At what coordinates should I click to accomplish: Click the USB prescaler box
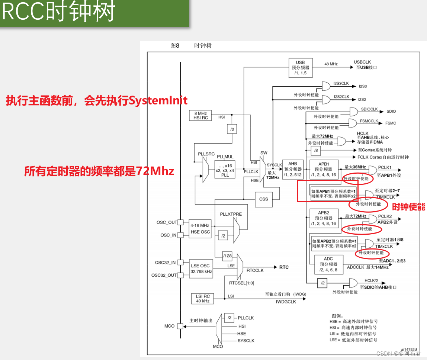click(x=300, y=68)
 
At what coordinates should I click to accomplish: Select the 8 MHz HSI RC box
click(x=200, y=115)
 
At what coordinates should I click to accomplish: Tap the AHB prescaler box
click(x=293, y=169)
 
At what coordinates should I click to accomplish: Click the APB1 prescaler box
click(x=324, y=169)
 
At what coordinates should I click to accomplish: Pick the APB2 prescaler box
click(x=324, y=218)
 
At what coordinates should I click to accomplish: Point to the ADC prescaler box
click(x=328, y=264)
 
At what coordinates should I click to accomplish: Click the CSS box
click(x=264, y=199)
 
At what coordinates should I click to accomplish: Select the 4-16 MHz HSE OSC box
click(x=200, y=229)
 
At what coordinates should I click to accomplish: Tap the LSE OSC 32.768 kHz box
click(x=201, y=269)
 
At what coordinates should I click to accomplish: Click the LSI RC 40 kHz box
click(x=203, y=298)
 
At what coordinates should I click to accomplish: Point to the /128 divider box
click(x=228, y=256)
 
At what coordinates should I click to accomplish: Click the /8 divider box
click(x=316, y=150)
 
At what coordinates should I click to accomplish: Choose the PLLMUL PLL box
click(x=225, y=169)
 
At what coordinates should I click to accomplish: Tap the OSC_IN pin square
click(x=180, y=235)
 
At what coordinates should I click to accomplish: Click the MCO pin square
click(x=180, y=326)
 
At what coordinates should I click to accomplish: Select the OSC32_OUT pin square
click(x=180, y=275)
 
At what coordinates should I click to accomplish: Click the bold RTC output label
click(x=284, y=267)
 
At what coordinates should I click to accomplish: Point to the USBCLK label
click(x=362, y=62)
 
